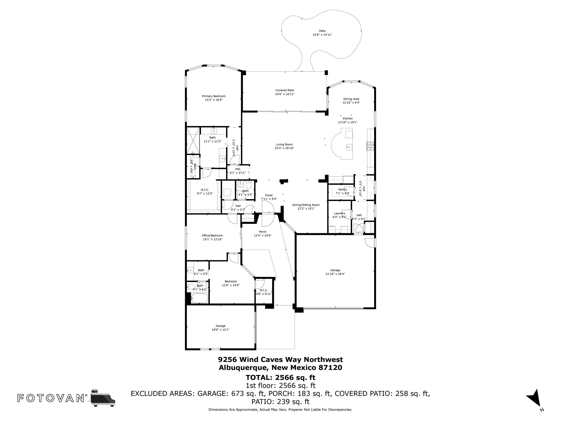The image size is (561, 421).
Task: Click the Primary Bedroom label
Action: (x=214, y=96)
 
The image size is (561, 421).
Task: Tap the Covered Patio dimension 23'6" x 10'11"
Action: (x=285, y=94)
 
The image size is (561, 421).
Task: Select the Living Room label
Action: (x=284, y=144)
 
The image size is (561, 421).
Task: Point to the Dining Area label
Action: (x=351, y=99)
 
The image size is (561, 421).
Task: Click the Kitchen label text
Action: (x=348, y=118)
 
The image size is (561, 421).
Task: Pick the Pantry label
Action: (x=343, y=190)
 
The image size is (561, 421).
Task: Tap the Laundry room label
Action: (x=340, y=213)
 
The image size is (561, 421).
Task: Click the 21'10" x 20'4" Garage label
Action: (x=335, y=272)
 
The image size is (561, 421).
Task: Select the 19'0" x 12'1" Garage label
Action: (x=221, y=328)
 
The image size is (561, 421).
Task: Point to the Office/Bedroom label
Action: (x=212, y=236)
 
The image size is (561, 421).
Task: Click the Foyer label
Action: (x=269, y=195)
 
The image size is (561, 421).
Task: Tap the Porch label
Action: (x=263, y=232)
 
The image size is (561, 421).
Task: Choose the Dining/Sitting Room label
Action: (x=306, y=205)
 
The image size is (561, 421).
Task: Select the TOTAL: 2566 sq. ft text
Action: (x=280, y=377)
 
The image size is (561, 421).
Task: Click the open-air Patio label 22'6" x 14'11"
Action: (x=322, y=33)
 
